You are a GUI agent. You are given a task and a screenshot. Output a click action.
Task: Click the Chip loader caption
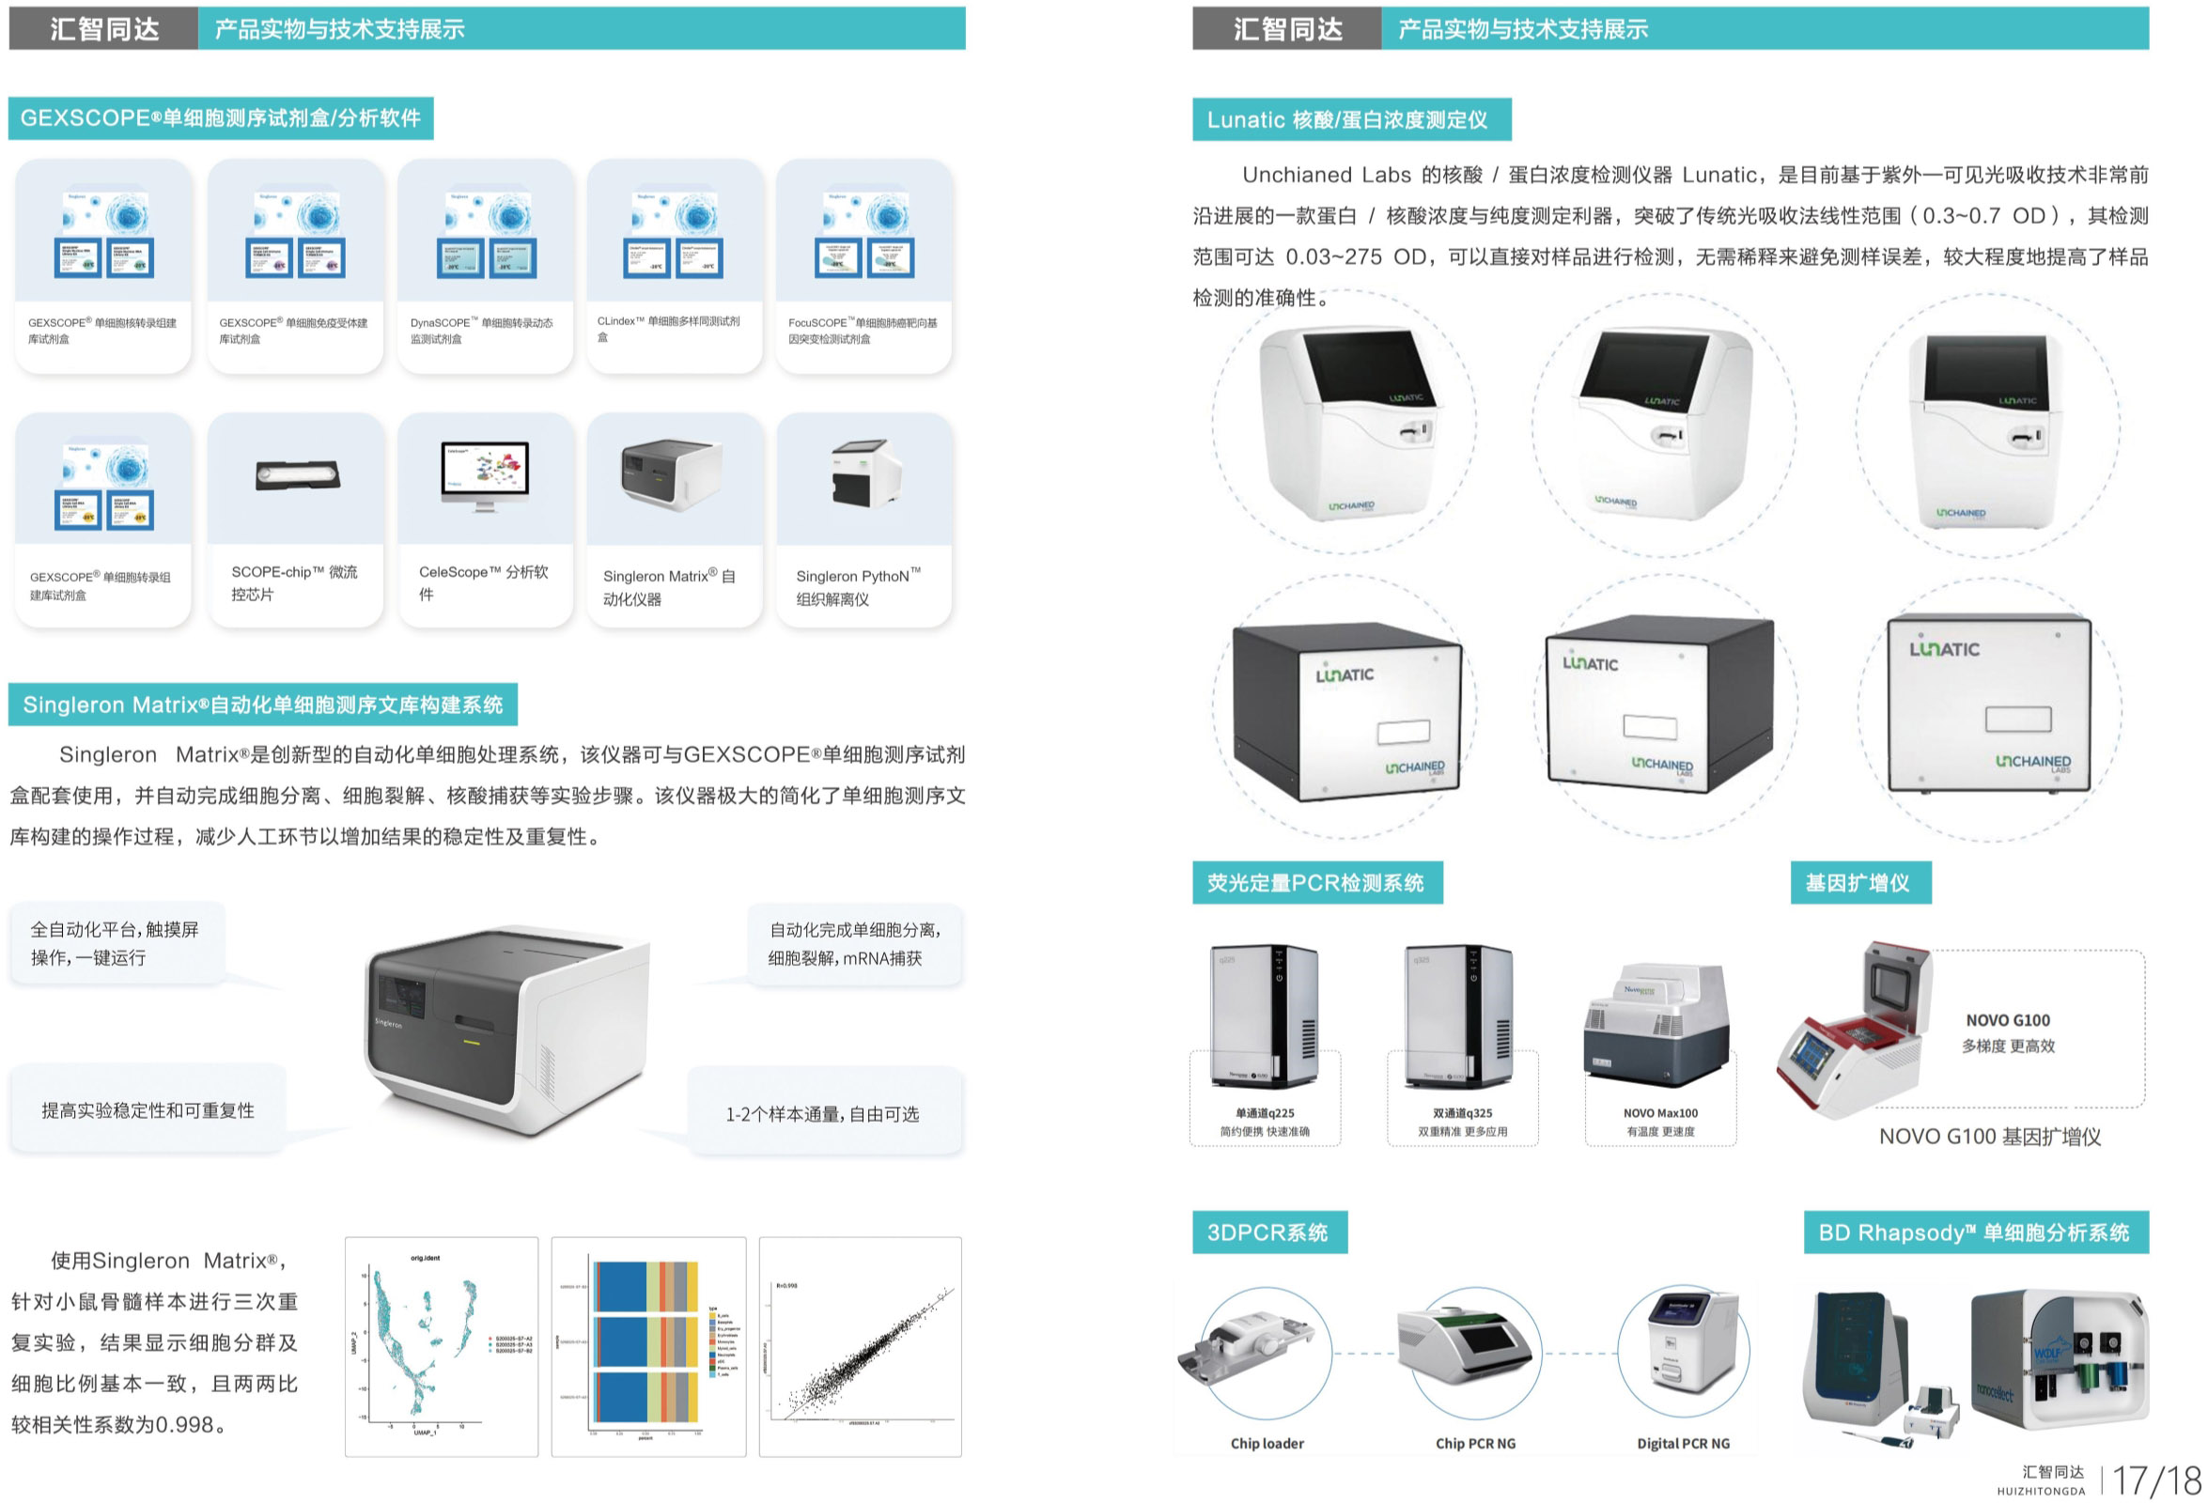tap(1267, 1443)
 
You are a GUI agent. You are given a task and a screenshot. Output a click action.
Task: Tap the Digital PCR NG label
tap(1683, 1443)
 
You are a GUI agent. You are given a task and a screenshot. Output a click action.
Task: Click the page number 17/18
tap(2156, 1480)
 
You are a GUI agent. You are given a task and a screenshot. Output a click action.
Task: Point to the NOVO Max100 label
tap(1660, 1112)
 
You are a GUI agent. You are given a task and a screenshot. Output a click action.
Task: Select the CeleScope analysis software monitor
tap(485, 475)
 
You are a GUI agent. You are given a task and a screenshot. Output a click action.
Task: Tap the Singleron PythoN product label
tap(857, 586)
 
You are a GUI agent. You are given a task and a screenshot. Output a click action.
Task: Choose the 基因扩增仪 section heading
tap(1859, 883)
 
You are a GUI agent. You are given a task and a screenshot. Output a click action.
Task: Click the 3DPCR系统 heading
tap(1268, 1232)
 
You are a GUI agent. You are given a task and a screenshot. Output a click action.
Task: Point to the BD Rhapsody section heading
tap(1974, 1232)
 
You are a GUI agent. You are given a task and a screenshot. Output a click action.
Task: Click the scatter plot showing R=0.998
tap(860, 1346)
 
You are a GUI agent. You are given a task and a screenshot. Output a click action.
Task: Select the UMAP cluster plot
tap(442, 1346)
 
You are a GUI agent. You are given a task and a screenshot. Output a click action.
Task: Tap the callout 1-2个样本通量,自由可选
tap(823, 1113)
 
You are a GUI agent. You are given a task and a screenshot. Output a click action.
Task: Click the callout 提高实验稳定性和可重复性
tap(148, 1109)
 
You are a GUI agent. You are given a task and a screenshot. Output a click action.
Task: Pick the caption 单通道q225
tap(1265, 1112)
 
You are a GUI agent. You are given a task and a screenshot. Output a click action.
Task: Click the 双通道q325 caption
tap(1462, 1112)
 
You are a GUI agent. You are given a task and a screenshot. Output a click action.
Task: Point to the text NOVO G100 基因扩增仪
tap(1989, 1137)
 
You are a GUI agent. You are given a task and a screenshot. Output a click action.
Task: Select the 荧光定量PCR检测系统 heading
tap(1315, 883)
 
